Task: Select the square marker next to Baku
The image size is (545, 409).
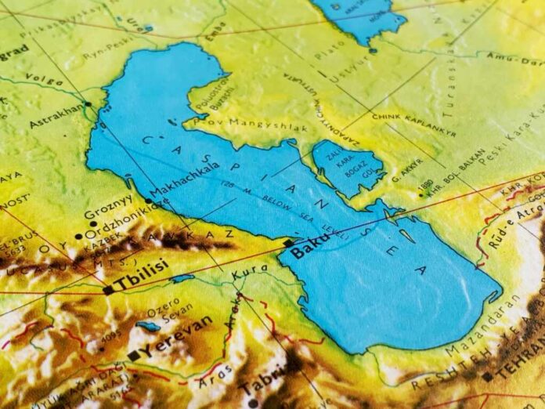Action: click(288, 244)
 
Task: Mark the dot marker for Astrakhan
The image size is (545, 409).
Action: click(88, 103)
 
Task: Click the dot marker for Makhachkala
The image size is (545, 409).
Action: click(149, 201)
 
